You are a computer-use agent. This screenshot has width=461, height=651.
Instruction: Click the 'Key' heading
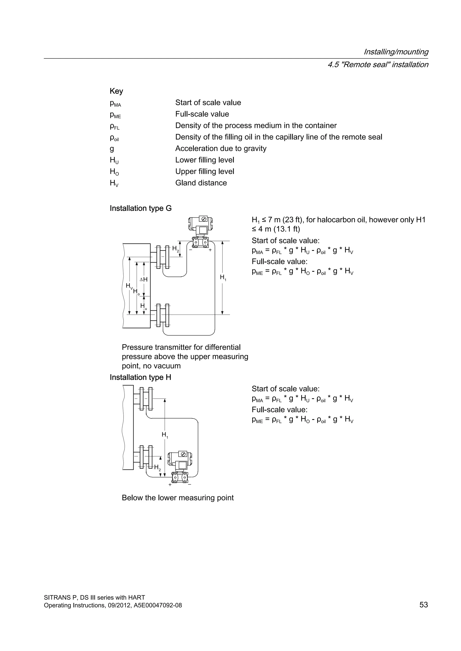(x=116, y=91)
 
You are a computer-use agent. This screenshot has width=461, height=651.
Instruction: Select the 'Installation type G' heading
(x=140, y=208)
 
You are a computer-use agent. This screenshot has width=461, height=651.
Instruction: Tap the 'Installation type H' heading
(x=140, y=377)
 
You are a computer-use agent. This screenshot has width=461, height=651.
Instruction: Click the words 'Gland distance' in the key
(x=201, y=183)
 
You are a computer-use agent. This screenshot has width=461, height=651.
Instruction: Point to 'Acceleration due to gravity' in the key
(x=221, y=149)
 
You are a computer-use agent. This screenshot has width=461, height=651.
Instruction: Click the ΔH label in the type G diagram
(x=144, y=279)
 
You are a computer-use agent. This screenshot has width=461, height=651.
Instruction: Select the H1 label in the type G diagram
(x=223, y=277)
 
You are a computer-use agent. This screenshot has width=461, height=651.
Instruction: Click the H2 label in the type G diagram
(x=175, y=249)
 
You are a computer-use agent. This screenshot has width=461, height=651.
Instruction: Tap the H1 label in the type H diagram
(x=165, y=434)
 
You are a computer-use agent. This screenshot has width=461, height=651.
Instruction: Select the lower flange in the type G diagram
(x=162, y=315)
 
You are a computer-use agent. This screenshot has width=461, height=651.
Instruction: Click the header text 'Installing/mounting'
(x=396, y=52)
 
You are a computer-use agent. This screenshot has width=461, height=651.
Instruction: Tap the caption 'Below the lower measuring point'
(x=177, y=498)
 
